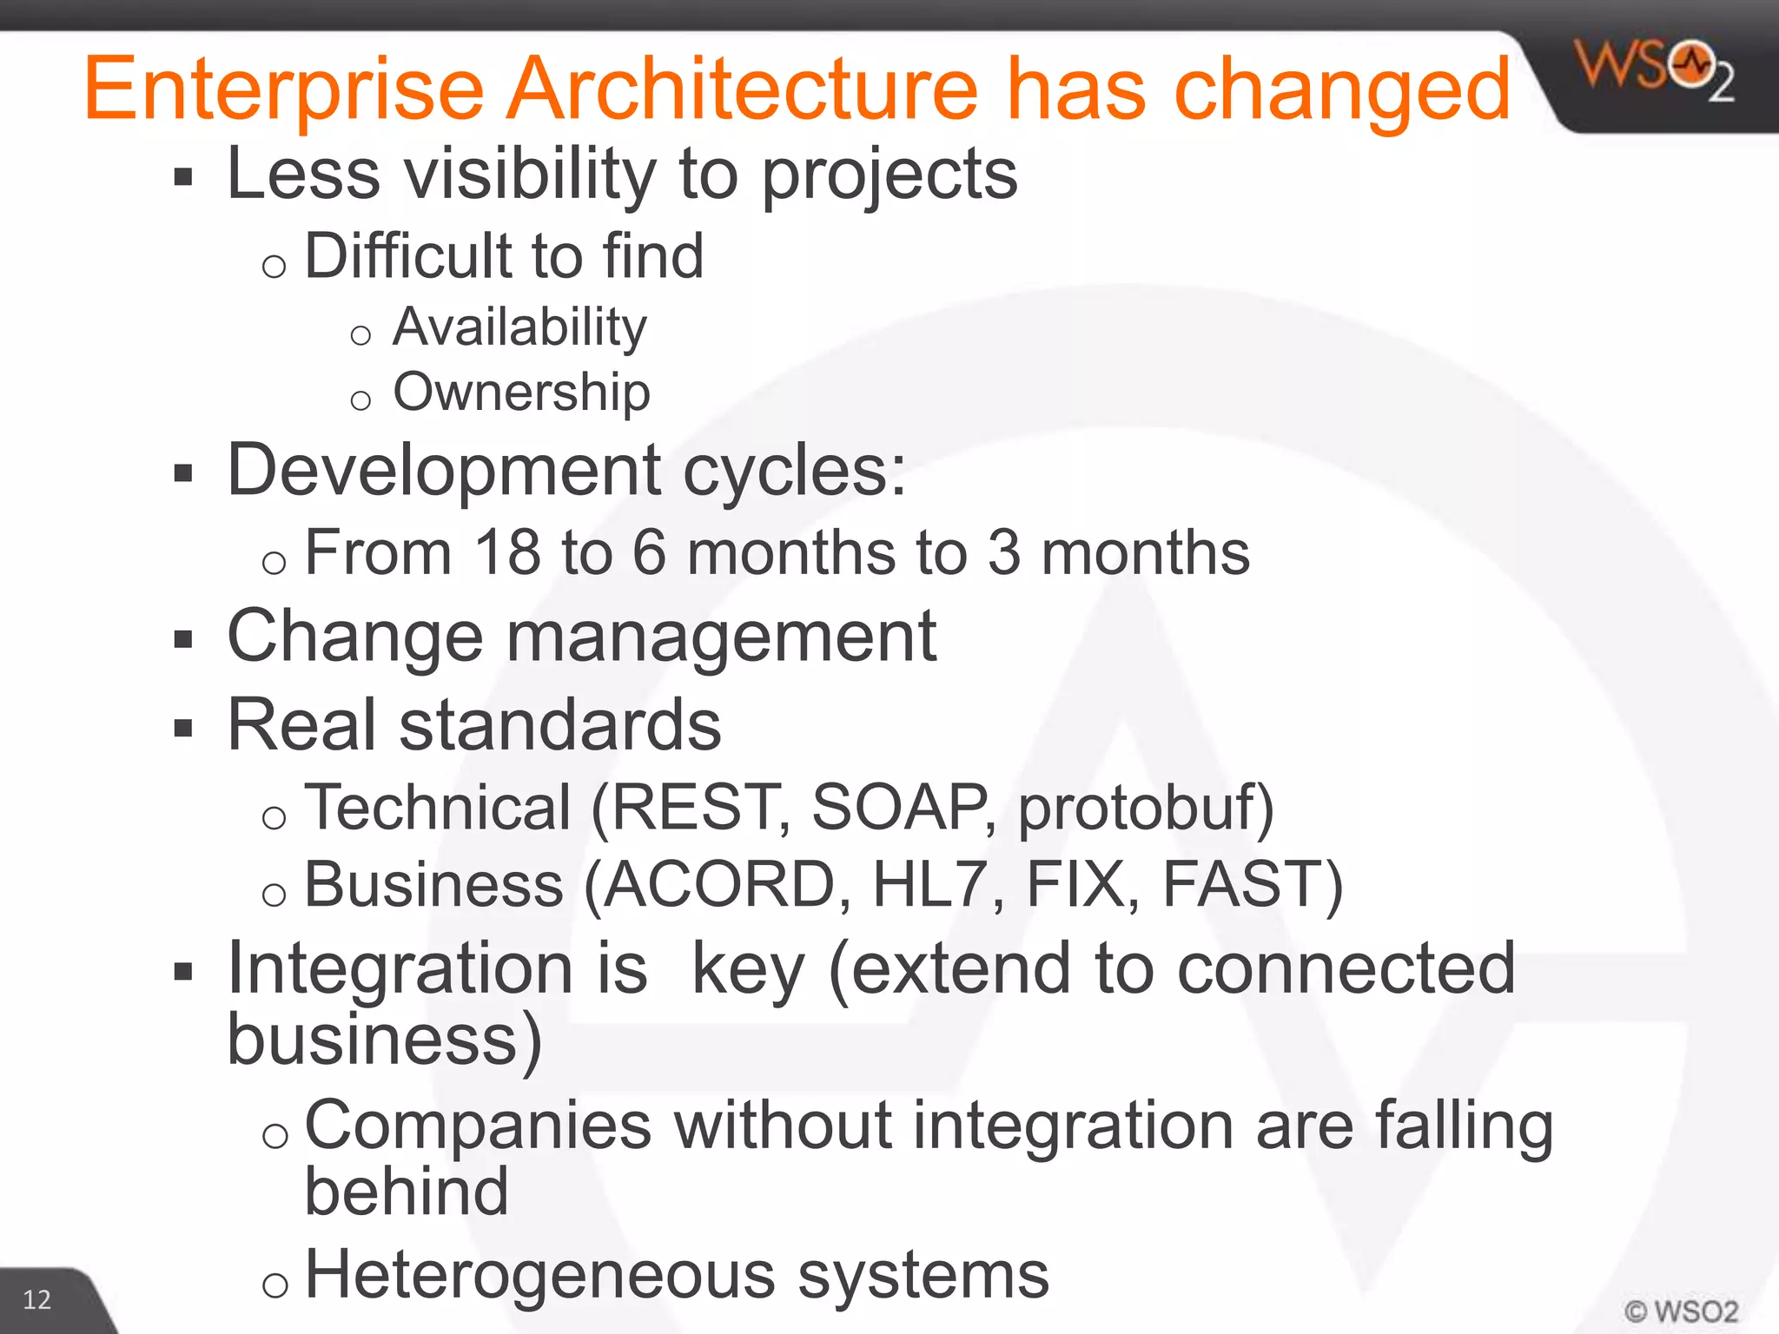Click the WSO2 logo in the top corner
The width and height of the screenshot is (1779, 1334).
(x=1655, y=70)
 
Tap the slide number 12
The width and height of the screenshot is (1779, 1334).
(x=36, y=1299)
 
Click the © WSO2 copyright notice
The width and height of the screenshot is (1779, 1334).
(x=1681, y=1311)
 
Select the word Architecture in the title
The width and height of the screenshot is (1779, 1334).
(x=743, y=89)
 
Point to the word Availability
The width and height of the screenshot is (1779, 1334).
(x=519, y=327)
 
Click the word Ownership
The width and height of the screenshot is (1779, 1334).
(x=521, y=393)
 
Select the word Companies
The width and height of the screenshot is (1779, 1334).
(x=478, y=1125)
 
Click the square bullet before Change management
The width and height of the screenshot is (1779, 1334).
(x=182, y=640)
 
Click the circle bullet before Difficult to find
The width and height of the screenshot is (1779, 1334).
(x=274, y=266)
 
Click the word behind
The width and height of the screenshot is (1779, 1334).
(x=406, y=1192)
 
